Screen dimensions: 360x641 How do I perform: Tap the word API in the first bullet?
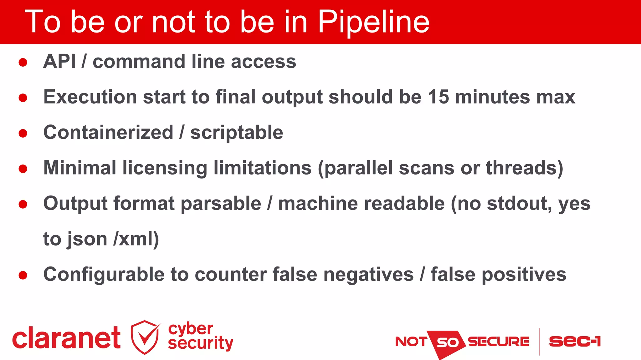click(x=59, y=61)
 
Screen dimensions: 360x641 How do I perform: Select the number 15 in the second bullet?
click(x=438, y=97)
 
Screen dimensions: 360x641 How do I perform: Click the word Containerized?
click(x=108, y=132)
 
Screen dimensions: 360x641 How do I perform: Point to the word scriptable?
click(x=237, y=133)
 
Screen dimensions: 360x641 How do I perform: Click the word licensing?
click(x=165, y=168)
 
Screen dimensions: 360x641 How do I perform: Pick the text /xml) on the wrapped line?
click(x=136, y=239)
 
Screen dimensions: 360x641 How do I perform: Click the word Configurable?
click(x=104, y=275)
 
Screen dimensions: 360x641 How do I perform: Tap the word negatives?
click(x=368, y=275)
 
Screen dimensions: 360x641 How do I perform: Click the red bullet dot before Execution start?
click(x=23, y=98)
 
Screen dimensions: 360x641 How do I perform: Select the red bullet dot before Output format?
click(x=23, y=204)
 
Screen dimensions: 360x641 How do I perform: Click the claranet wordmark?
click(x=66, y=338)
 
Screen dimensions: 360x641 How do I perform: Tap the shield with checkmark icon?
click(x=145, y=337)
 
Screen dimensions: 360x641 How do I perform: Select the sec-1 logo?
click(x=575, y=342)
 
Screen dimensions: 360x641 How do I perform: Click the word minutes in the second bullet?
click(x=492, y=97)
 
